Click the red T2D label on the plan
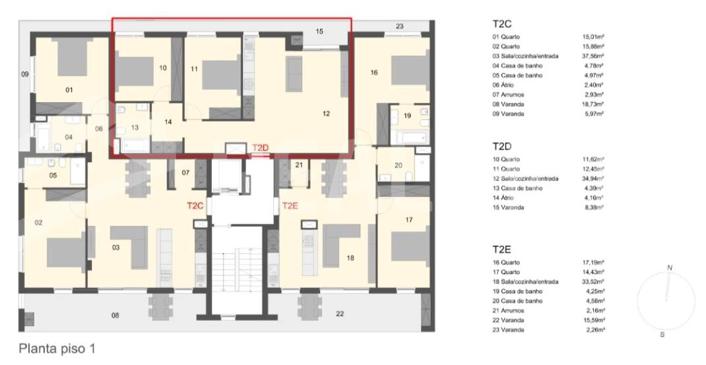pyautogui.click(x=260, y=148)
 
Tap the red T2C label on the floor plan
pyautogui.click(x=195, y=206)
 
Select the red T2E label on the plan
pyautogui.click(x=291, y=206)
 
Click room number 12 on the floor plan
pyautogui.click(x=327, y=114)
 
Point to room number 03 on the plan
pyautogui.click(x=115, y=247)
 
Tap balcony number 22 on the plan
pyautogui.click(x=340, y=314)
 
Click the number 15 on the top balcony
pyautogui.click(x=319, y=32)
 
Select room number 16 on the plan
pyautogui.click(x=373, y=72)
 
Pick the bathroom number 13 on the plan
pyautogui.click(x=135, y=128)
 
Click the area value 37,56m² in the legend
pyautogui.click(x=593, y=56)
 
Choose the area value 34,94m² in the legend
pyautogui.click(x=593, y=179)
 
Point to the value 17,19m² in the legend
pyautogui.click(x=593, y=262)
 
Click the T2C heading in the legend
pyautogui.click(x=502, y=24)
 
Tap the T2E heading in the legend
pyautogui.click(x=501, y=250)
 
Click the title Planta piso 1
pyautogui.click(x=57, y=349)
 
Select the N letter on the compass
pyautogui.click(x=670, y=268)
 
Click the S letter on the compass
pyautogui.click(x=662, y=335)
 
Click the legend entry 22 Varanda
pyautogui.click(x=508, y=320)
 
